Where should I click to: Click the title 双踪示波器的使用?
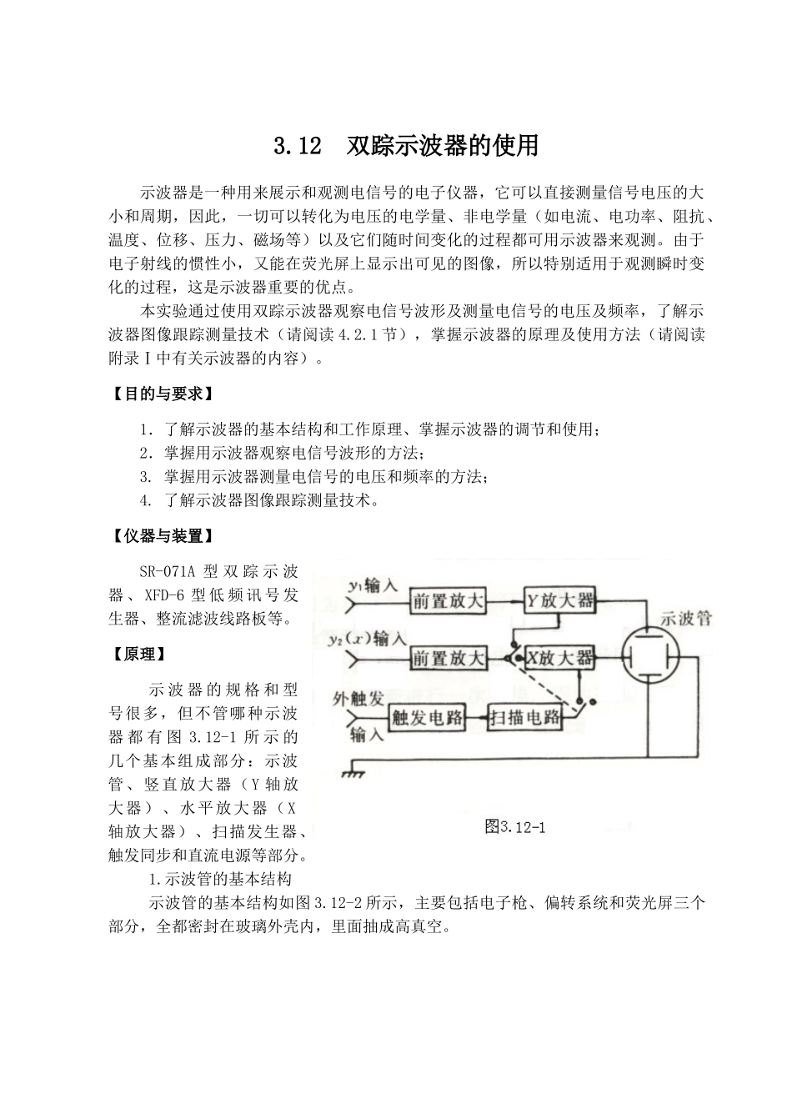[x=443, y=146]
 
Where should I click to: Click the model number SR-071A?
[x=171, y=572]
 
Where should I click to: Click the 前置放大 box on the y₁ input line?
[x=449, y=600]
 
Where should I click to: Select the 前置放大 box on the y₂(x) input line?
[x=449, y=658]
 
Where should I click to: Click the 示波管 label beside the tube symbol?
[x=685, y=619]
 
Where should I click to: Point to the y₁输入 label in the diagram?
[x=373, y=586]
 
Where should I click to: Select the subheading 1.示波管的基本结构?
[x=219, y=879]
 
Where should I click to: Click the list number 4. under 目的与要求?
[x=146, y=500]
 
